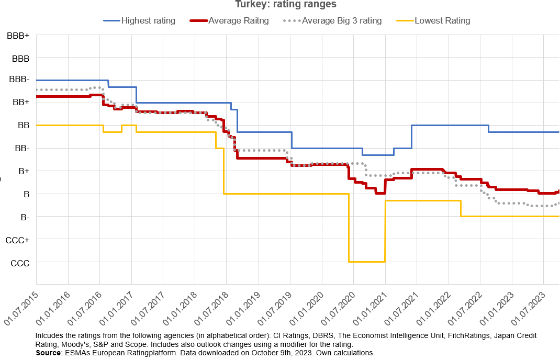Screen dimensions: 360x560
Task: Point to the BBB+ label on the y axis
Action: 18,36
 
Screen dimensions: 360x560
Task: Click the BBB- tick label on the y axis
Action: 19,80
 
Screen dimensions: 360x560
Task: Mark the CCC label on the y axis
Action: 20,263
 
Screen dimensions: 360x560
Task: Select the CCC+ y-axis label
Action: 18,240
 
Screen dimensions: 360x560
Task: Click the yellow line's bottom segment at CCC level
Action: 366,262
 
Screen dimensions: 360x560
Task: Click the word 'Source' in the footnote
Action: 48,353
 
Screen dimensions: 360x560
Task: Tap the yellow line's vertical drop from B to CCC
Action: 349,228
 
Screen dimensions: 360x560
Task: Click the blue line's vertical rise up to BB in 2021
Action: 412,137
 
